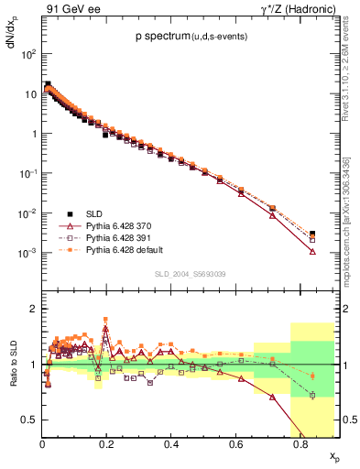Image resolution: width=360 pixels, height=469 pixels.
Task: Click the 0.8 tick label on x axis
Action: pos(301,442)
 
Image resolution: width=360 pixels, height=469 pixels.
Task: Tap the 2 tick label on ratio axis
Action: pos(34,309)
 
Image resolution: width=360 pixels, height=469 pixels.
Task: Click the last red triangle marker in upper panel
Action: pos(312,251)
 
